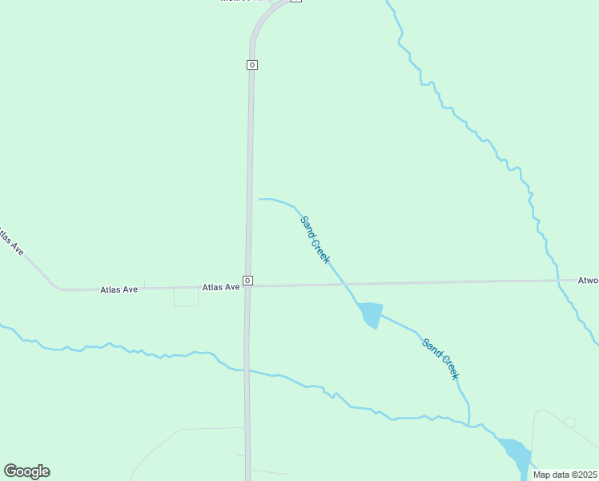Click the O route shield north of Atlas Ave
pyautogui.click(x=251, y=64)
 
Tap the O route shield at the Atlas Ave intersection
pyautogui.click(x=248, y=281)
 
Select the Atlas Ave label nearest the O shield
pyautogui.click(x=221, y=287)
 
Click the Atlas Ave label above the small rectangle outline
pyautogui.click(x=119, y=289)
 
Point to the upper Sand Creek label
pyautogui.click(x=315, y=239)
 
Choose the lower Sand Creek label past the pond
pyautogui.click(x=440, y=358)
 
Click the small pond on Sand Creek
pyautogui.click(x=370, y=313)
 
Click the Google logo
pyautogui.click(x=26, y=471)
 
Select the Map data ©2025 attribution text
pyautogui.click(x=565, y=475)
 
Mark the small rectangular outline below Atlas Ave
pyautogui.click(x=186, y=297)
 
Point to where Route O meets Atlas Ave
pyautogui.click(x=248, y=286)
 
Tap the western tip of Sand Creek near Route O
pyautogui.click(x=260, y=199)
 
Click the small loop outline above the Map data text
pyautogui.click(x=570, y=422)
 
